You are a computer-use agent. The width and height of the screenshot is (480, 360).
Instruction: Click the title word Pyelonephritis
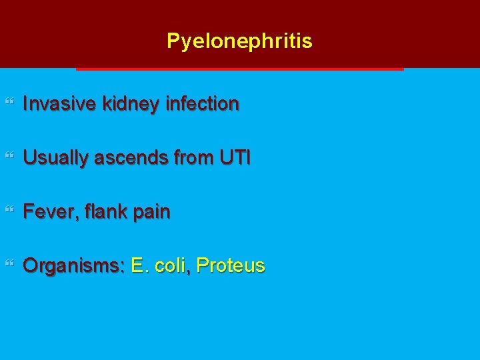coord(239,41)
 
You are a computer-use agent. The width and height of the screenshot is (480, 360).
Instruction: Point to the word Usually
coord(54,158)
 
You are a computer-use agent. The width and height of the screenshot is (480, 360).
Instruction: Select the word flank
coord(100,212)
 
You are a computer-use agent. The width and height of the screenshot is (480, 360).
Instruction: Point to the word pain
coord(151,213)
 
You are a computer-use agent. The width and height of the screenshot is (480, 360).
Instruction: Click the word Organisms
coord(72,266)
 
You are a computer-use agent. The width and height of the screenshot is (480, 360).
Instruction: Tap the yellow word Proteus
coord(231,266)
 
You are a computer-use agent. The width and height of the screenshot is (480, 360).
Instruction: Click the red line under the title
coord(240,69)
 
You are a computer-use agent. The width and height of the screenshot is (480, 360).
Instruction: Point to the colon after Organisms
coord(123,267)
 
